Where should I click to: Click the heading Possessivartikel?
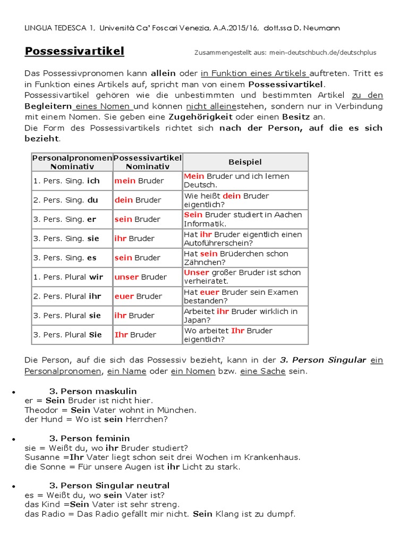click(74, 51)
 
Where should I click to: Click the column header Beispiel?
click(245, 162)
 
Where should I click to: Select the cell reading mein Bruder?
click(139, 181)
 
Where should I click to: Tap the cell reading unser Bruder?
click(141, 277)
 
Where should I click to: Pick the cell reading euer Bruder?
click(139, 296)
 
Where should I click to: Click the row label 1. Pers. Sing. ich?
click(66, 181)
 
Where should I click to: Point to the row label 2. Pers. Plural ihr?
click(67, 296)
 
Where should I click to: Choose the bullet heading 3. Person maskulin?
click(93, 391)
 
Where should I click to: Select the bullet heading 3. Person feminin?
click(89, 439)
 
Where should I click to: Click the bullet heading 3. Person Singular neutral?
click(109, 485)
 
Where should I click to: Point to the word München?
click(178, 410)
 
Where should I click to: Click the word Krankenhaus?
click(273, 457)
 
